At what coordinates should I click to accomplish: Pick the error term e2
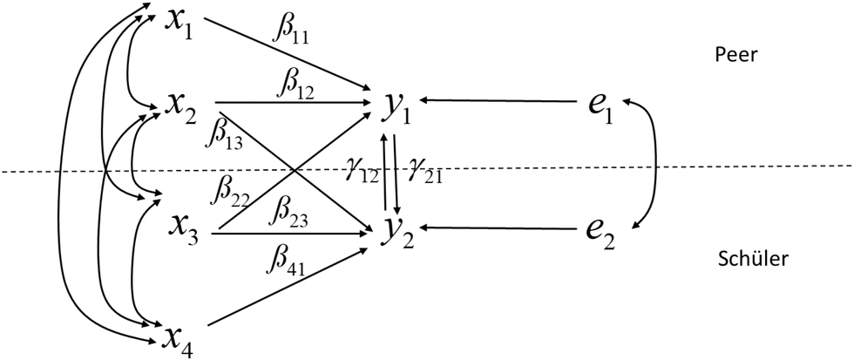(x=602, y=233)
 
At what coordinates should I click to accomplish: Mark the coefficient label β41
(x=285, y=261)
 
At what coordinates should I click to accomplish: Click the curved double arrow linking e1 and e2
(x=655, y=166)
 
